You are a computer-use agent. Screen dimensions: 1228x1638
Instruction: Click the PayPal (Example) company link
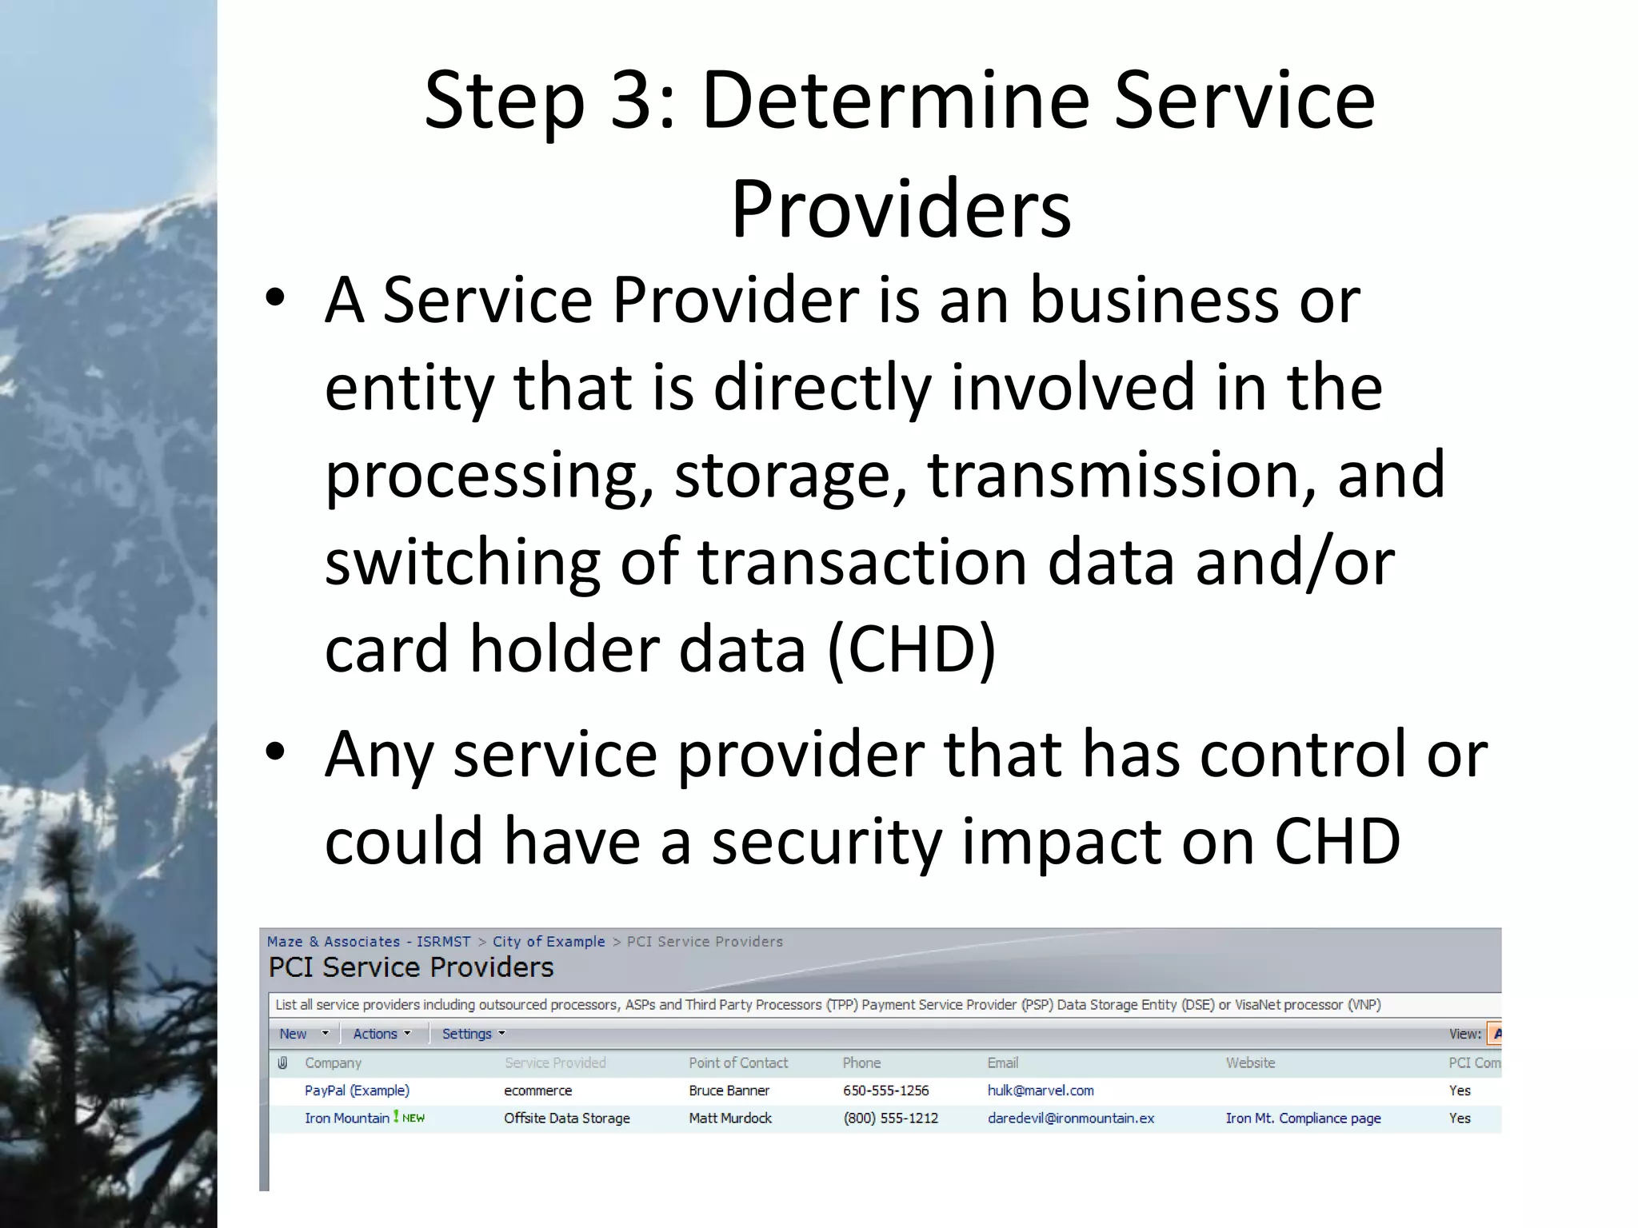tap(357, 1090)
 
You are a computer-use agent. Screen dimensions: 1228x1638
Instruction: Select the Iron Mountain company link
tap(347, 1118)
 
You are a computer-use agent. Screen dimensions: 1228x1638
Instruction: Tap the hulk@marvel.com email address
tap(1041, 1090)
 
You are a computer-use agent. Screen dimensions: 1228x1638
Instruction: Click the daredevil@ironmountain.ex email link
tap(1071, 1118)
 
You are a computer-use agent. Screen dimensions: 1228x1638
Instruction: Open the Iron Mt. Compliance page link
tap(1303, 1118)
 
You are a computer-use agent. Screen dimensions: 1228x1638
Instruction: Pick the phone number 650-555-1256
tap(885, 1090)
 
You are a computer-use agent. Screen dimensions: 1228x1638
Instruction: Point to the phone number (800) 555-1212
tap(890, 1118)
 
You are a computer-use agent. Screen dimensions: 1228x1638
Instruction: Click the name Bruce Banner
tap(729, 1090)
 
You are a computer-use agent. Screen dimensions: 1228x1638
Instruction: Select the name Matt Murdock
tap(730, 1118)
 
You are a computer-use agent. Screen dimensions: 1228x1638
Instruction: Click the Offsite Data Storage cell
tap(566, 1118)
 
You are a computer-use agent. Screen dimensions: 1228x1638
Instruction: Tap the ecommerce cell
tap(537, 1090)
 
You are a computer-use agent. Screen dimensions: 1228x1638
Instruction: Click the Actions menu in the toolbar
tap(382, 1034)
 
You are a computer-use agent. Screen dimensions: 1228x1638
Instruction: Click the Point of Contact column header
tap(738, 1063)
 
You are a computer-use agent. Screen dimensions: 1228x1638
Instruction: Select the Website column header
tap(1250, 1063)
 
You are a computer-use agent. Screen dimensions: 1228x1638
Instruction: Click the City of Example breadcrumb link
tap(549, 942)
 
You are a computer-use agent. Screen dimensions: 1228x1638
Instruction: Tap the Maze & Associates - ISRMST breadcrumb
tap(369, 942)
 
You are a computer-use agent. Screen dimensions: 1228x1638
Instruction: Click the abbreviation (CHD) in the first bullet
tap(912, 649)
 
